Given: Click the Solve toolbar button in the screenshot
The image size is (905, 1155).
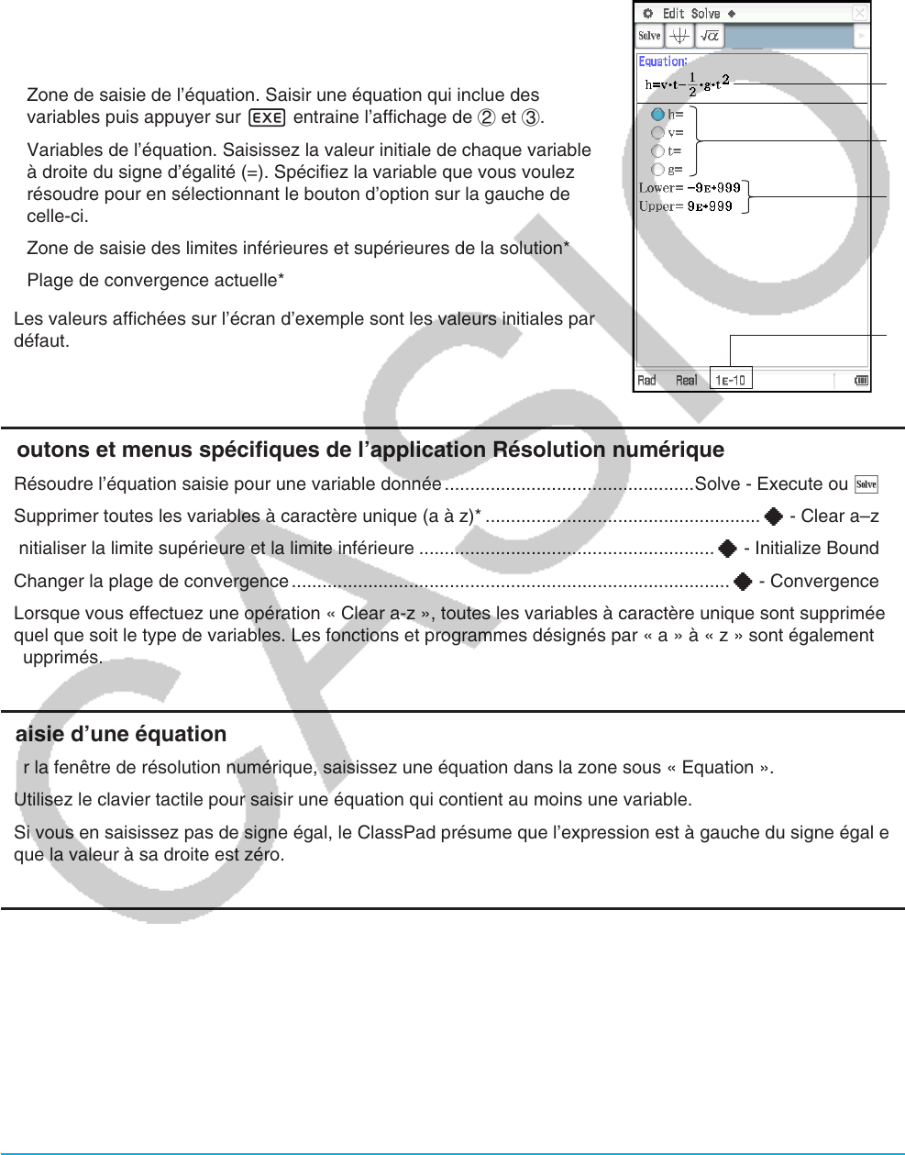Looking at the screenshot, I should click(x=649, y=36).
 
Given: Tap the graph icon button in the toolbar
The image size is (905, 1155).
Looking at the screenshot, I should click(x=679, y=36).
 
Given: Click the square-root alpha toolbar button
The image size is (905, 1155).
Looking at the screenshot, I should click(x=710, y=36).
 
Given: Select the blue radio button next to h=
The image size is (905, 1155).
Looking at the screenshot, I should click(x=657, y=115).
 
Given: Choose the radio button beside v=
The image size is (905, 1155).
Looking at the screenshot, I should click(x=657, y=133).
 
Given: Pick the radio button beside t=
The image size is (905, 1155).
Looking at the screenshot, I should click(x=657, y=151).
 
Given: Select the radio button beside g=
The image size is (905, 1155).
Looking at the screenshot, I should click(x=657, y=170).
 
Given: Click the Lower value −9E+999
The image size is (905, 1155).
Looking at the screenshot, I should click(x=713, y=188).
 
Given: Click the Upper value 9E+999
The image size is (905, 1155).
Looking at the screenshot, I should click(x=710, y=206).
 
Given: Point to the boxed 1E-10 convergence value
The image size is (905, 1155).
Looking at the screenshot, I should click(x=731, y=380).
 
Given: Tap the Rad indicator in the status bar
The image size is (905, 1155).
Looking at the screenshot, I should click(x=647, y=380).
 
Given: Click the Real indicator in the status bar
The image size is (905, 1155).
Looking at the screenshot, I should click(x=686, y=380).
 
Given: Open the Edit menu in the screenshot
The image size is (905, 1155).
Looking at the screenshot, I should click(x=674, y=13).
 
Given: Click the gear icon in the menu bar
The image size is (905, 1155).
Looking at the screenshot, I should click(x=648, y=13).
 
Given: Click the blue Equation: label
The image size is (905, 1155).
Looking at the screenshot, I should click(x=662, y=61).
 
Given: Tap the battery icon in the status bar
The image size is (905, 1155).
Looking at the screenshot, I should click(x=862, y=381).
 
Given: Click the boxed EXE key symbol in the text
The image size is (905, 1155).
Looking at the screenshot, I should click(x=267, y=117).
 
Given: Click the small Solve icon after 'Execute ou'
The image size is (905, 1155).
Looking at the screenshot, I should click(x=866, y=484).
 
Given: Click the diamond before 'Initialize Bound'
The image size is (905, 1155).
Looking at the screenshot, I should click(x=728, y=549).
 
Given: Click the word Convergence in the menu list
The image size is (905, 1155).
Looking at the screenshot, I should click(x=824, y=582).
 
